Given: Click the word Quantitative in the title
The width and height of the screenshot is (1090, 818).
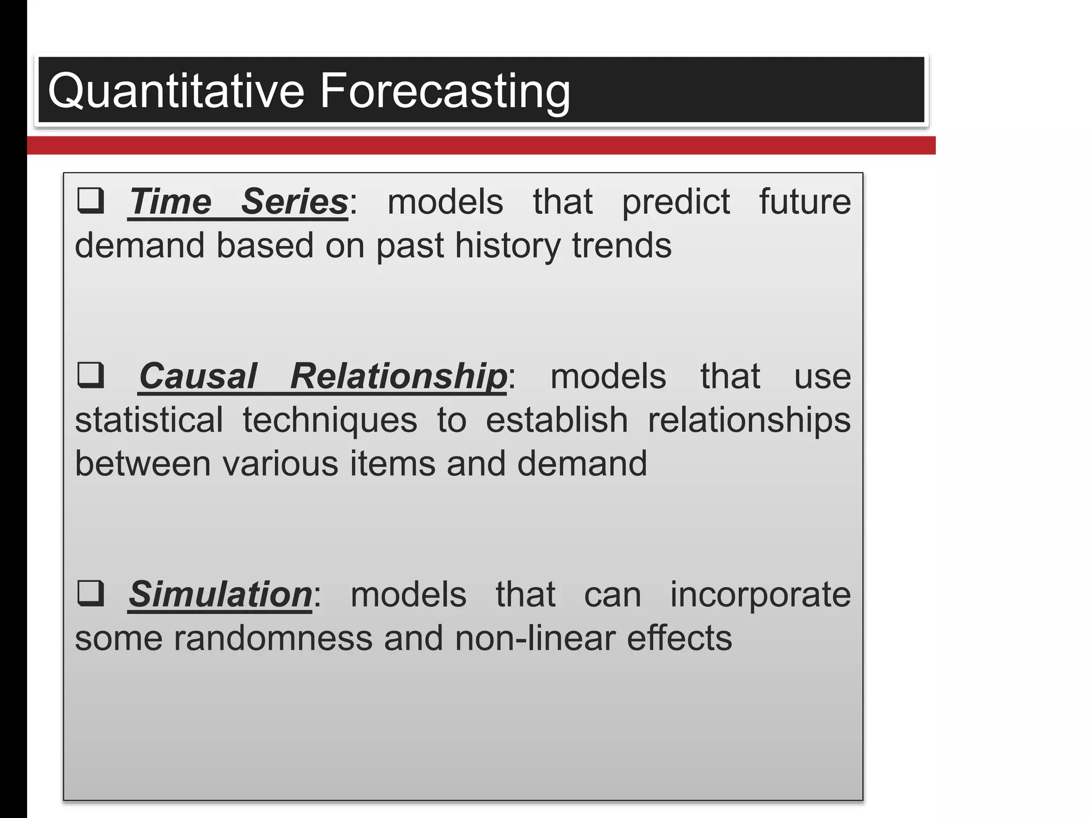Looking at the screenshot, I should pyautogui.click(x=176, y=92).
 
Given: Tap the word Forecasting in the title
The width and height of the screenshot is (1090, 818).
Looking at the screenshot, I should pyautogui.click(x=444, y=92).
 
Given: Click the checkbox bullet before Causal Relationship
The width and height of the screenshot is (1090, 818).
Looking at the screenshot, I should pyautogui.click(x=90, y=375).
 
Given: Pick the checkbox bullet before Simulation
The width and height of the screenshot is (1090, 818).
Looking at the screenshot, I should pyautogui.click(x=90, y=593).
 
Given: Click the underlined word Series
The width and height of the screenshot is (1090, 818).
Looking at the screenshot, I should pyautogui.click(x=294, y=202).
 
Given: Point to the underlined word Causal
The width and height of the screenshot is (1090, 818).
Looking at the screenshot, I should pyautogui.click(x=198, y=377).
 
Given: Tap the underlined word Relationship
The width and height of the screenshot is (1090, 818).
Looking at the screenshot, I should pyautogui.click(x=398, y=377).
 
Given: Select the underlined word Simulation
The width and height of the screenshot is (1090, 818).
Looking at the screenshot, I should pyautogui.click(x=220, y=594).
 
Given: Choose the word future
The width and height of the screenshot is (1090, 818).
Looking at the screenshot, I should pyautogui.click(x=805, y=202).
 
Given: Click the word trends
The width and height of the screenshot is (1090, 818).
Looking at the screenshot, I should pyautogui.click(x=622, y=246).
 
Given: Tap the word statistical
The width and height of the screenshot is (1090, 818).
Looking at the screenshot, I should pyautogui.click(x=149, y=420).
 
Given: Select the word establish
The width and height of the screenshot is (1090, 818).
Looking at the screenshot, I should pyautogui.click(x=557, y=420).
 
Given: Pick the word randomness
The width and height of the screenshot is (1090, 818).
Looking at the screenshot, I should pyautogui.click(x=272, y=638).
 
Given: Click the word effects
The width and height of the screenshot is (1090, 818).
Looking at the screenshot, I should pyautogui.click(x=679, y=638).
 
